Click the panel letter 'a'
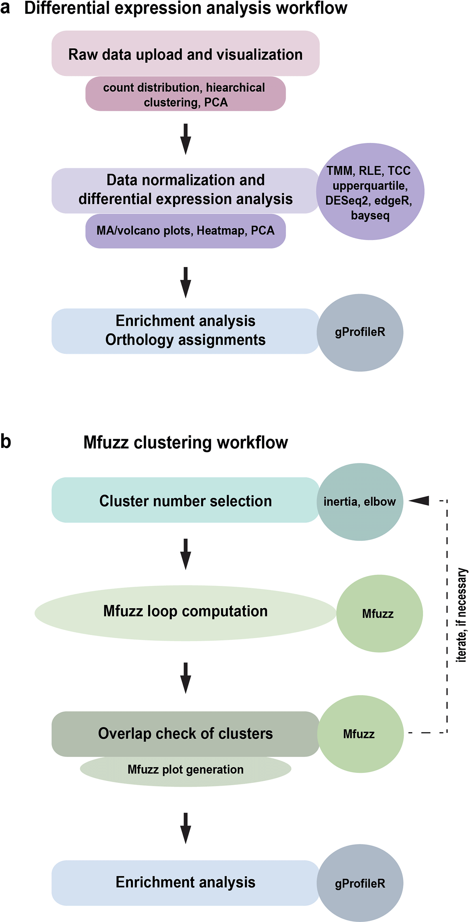click(5, 8)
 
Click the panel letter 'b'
click(6, 441)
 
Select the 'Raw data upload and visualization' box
click(185, 54)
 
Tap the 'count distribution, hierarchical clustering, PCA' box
click(185, 95)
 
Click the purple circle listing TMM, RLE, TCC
click(370, 192)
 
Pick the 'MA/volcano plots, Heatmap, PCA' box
click(185, 231)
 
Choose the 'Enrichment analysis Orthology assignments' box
click(185, 331)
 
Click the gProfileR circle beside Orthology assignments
click(360, 332)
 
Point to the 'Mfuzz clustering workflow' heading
click(185, 443)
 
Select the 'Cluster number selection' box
click(185, 500)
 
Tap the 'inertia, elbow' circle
click(360, 502)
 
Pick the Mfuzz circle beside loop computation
click(379, 614)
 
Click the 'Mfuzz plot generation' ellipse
click(185, 770)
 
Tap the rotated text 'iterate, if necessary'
click(462, 615)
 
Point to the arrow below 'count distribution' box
click(185, 139)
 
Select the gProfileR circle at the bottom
click(360, 883)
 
